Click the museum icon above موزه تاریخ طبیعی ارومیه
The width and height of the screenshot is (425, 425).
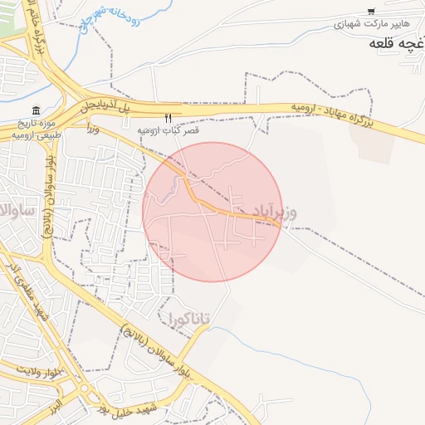36,111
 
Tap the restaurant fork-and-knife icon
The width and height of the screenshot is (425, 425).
169,119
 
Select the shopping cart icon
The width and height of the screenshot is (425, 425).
370,12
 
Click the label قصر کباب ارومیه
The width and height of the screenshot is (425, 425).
169,131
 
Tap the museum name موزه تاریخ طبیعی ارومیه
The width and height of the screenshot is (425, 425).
37,129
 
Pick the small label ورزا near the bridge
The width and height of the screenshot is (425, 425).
92,129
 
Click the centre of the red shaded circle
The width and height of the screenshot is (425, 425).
212,212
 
